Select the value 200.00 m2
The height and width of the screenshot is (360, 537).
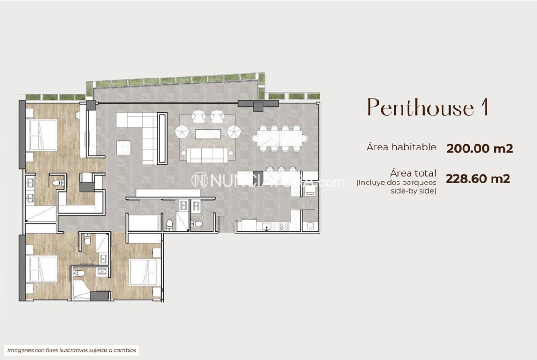pyautogui.click(x=479, y=149)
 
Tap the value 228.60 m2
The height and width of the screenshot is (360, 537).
pyautogui.click(x=478, y=178)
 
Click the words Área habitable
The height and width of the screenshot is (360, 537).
pyautogui.click(x=401, y=147)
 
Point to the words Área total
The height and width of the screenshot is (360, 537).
pyautogui.click(x=413, y=173)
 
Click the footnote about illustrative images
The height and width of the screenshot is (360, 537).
pyautogui.click(x=72, y=350)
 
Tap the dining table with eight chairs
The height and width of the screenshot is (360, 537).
pyautogui.click(x=280, y=138)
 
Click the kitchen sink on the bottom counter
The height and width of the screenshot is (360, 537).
pyautogui.click(x=265, y=226)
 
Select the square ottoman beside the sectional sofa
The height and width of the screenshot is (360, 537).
pyautogui.click(x=123, y=147)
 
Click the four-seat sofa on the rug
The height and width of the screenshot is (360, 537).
pyautogui.click(x=207, y=155)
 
